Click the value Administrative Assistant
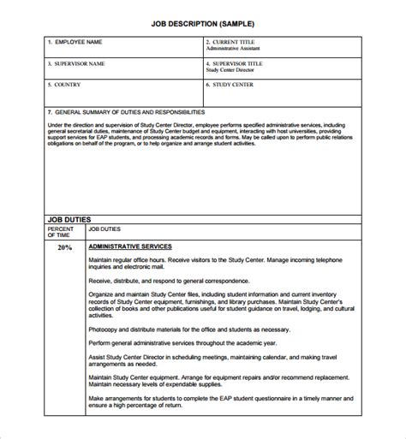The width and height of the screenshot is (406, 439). coord(236,50)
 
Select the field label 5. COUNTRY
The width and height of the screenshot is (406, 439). coord(68,86)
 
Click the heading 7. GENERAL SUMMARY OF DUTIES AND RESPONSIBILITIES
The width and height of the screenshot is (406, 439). coord(126,112)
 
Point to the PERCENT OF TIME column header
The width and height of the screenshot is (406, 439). coord(61,234)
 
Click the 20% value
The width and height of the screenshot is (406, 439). coord(64,247)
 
